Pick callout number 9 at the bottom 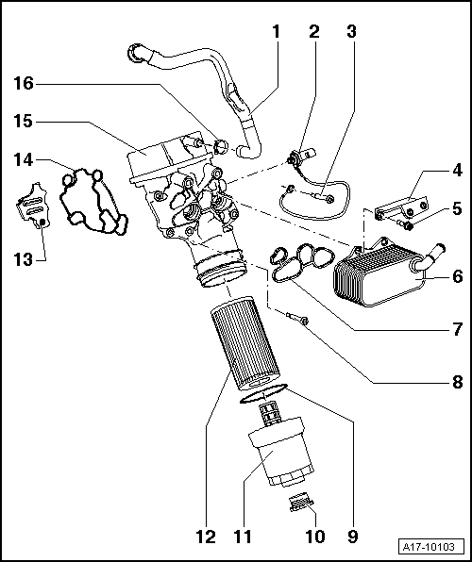[354, 537]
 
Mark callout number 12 [199, 537]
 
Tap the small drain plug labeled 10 [300, 504]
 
